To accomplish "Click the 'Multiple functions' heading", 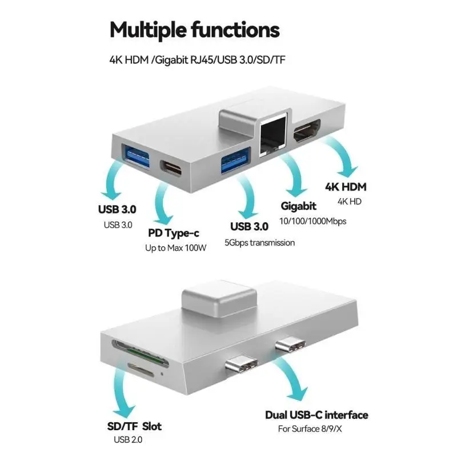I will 195,29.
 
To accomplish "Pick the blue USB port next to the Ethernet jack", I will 235,158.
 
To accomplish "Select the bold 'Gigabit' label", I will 299,206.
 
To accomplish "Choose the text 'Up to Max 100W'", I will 175,248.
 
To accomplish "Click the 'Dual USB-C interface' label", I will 316,415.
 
